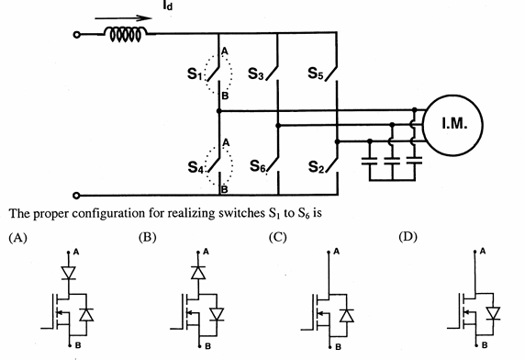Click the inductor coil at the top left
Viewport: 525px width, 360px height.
click(125, 36)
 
